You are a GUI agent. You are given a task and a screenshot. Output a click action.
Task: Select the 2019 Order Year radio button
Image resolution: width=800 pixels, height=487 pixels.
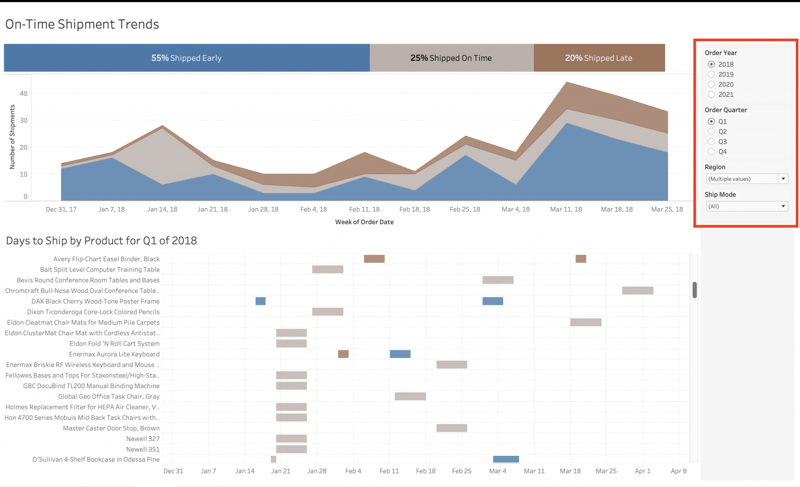pyautogui.click(x=711, y=74)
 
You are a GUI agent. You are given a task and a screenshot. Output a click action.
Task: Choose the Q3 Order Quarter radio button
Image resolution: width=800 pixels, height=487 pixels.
pyautogui.click(x=711, y=142)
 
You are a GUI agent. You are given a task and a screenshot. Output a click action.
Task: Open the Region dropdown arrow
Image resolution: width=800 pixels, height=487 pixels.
pyautogui.click(x=783, y=179)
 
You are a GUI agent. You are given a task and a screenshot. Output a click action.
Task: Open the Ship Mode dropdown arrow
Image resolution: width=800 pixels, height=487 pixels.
pyautogui.click(x=783, y=207)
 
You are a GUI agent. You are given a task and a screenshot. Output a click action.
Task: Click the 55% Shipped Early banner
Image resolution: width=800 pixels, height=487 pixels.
pyautogui.click(x=186, y=58)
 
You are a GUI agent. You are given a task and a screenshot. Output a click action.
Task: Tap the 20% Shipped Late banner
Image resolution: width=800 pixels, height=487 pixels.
pyautogui.click(x=599, y=58)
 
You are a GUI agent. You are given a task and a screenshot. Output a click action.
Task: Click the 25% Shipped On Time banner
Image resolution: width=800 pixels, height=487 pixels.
pyautogui.click(x=451, y=58)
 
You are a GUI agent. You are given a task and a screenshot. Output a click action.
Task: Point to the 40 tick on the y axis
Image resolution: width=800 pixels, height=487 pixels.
pyautogui.click(x=23, y=94)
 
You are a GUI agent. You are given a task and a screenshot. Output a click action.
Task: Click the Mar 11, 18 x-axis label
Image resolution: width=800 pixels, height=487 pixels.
pyautogui.click(x=566, y=209)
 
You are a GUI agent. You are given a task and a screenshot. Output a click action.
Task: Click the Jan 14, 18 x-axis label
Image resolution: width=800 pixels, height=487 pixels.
pyautogui.click(x=162, y=209)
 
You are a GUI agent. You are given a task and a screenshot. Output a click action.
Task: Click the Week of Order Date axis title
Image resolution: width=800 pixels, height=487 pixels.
pyautogui.click(x=364, y=222)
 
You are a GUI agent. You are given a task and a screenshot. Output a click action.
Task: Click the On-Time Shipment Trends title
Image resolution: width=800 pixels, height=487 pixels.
pyautogui.click(x=82, y=24)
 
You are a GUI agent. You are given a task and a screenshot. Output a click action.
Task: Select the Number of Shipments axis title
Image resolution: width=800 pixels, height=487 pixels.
pyautogui.click(x=12, y=137)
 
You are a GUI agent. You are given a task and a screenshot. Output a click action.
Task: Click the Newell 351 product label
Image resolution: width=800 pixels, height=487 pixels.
pyautogui.click(x=143, y=450)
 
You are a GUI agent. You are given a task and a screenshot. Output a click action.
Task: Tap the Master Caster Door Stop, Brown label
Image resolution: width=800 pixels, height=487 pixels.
pyautogui.click(x=111, y=428)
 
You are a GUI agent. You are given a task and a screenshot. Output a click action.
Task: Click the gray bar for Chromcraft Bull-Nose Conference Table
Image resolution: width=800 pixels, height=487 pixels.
pyautogui.click(x=637, y=290)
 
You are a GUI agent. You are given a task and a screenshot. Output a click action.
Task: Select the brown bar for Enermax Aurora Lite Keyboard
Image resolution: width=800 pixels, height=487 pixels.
pyautogui.click(x=343, y=354)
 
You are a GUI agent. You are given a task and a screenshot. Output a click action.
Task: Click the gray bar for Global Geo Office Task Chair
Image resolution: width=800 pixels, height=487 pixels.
pyautogui.click(x=410, y=396)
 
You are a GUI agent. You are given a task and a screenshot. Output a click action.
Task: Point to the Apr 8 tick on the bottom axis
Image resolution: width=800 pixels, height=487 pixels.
pyautogui.click(x=679, y=471)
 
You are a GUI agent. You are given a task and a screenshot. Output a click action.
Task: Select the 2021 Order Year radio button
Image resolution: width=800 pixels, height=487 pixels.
pyautogui.click(x=711, y=95)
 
